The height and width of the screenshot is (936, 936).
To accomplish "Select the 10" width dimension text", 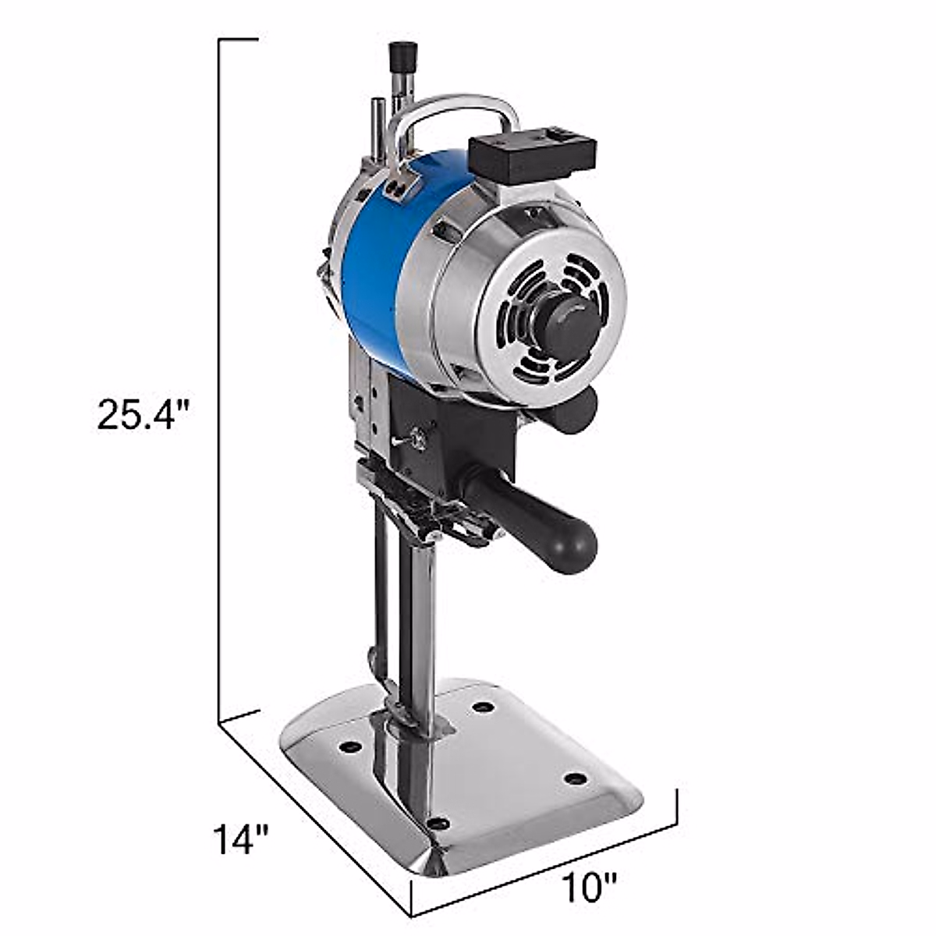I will tap(588, 887).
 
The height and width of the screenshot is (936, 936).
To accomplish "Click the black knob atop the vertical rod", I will tap(402, 56).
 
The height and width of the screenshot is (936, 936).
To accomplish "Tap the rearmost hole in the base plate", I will tap(484, 707).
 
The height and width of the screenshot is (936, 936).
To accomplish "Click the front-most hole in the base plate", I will tap(439, 824).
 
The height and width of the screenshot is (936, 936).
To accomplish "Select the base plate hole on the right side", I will tap(574, 778).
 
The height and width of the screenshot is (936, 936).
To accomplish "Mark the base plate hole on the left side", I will tap(351, 746).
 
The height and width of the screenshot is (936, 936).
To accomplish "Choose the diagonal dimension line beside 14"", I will tap(312, 815).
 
